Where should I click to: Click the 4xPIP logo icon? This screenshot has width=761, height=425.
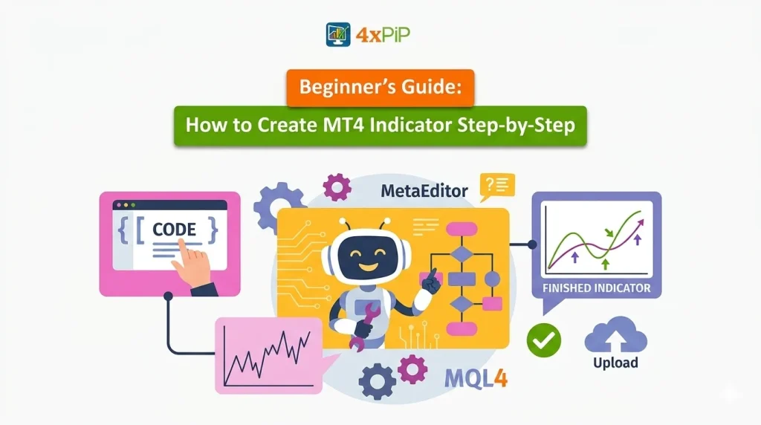pyautogui.click(x=338, y=35)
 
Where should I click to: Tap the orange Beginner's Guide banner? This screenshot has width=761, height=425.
pyautogui.click(x=380, y=86)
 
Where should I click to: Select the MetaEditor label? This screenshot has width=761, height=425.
pyautogui.click(x=424, y=191)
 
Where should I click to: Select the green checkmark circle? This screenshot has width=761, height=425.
pyautogui.click(x=543, y=340)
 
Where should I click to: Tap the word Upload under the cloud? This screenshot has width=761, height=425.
pyautogui.click(x=615, y=363)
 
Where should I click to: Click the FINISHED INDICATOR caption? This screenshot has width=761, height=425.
pyautogui.click(x=597, y=288)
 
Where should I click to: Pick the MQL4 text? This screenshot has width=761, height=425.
pyautogui.click(x=476, y=379)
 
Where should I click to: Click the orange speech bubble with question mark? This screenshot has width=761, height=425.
pyautogui.click(x=496, y=186)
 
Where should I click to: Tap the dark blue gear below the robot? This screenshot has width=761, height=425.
pyautogui.click(x=377, y=381)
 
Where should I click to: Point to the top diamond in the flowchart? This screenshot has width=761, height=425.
pyautogui.click(x=462, y=254)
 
